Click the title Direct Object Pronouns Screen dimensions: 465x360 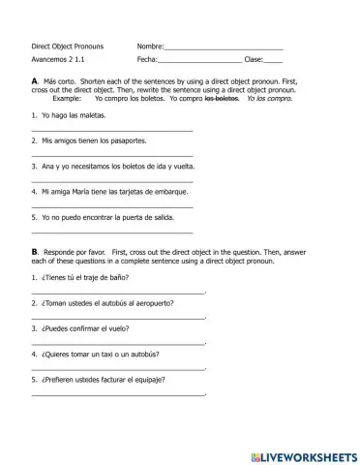pyautogui.click(x=67, y=46)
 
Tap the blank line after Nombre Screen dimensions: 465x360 pyautogui.click(x=225, y=47)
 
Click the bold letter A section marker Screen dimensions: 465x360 pyautogui.click(x=35, y=80)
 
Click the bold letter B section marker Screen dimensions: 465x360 pyautogui.click(x=35, y=251)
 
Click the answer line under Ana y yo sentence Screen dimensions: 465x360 pyautogui.click(x=112, y=181)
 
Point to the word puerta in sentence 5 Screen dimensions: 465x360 pyautogui.click(x=129, y=218)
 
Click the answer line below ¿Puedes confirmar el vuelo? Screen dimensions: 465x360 pyautogui.click(x=118, y=343)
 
